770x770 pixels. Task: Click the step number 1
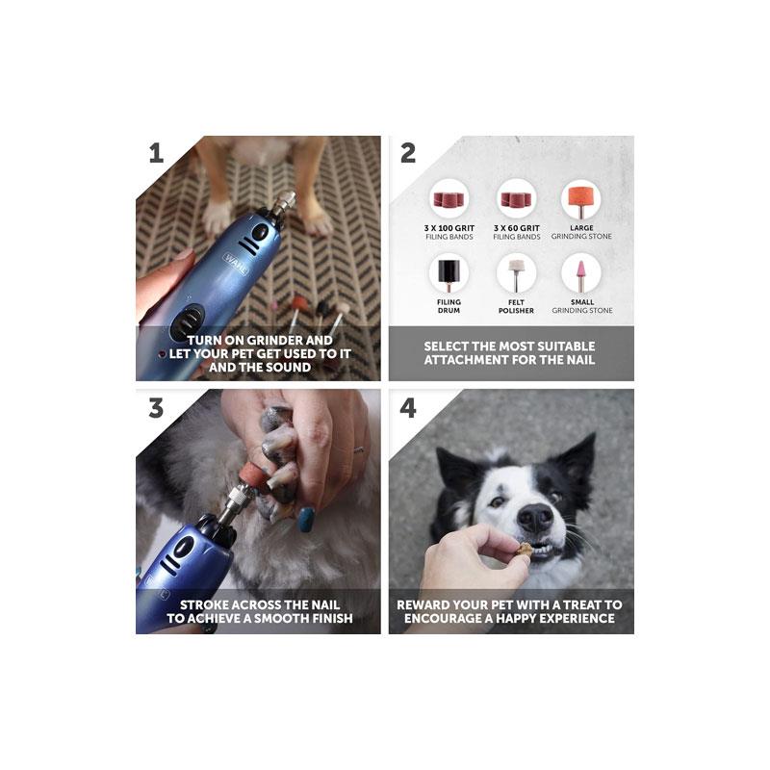click(x=156, y=153)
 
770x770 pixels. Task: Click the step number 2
click(x=408, y=153)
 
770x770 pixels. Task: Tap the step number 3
click(x=156, y=407)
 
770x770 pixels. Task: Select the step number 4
click(x=408, y=407)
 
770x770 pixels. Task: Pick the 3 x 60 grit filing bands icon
click(x=516, y=199)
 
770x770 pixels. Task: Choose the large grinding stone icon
click(x=581, y=199)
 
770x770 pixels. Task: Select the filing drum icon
click(x=448, y=273)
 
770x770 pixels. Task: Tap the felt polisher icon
click(x=516, y=273)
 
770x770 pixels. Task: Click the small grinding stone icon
click(x=581, y=273)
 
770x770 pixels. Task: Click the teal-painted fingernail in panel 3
click(x=305, y=521)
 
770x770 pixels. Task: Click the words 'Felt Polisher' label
click(x=516, y=307)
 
